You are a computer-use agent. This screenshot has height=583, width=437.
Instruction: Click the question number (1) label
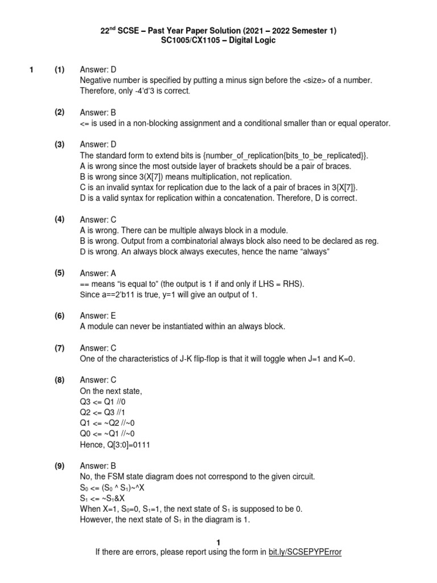[x=60, y=70]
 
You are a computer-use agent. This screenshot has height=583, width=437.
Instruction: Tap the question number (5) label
[x=60, y=273]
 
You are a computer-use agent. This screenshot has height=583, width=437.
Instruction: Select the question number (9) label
[x=60, y=465]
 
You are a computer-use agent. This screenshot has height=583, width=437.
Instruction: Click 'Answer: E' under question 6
[x=98, y=316]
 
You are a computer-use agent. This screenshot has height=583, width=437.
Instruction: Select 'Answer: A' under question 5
[x=98, y=273]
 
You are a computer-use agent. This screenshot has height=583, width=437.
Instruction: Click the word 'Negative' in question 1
[x=98, y=81]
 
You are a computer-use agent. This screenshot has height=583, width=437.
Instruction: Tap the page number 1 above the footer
[x=218, y=542]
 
